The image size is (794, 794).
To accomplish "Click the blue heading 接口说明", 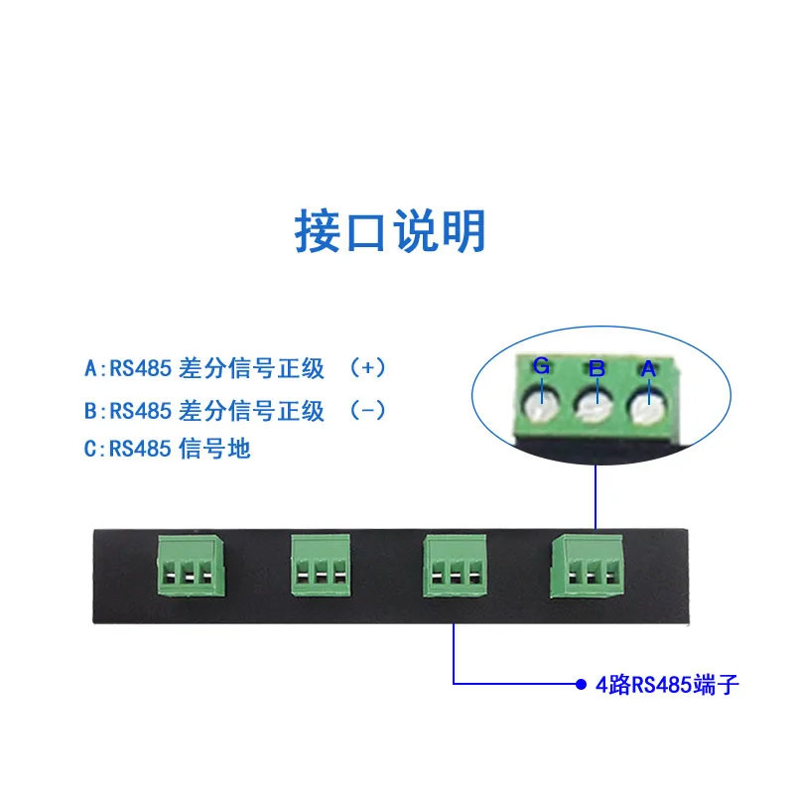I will (391, 231).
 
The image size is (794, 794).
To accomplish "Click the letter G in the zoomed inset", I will (541, 365).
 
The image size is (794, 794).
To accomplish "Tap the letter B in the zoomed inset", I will (596, 368).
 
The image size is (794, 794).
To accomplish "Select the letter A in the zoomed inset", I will (648, 368).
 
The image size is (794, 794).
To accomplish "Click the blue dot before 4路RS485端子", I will (581, 684).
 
